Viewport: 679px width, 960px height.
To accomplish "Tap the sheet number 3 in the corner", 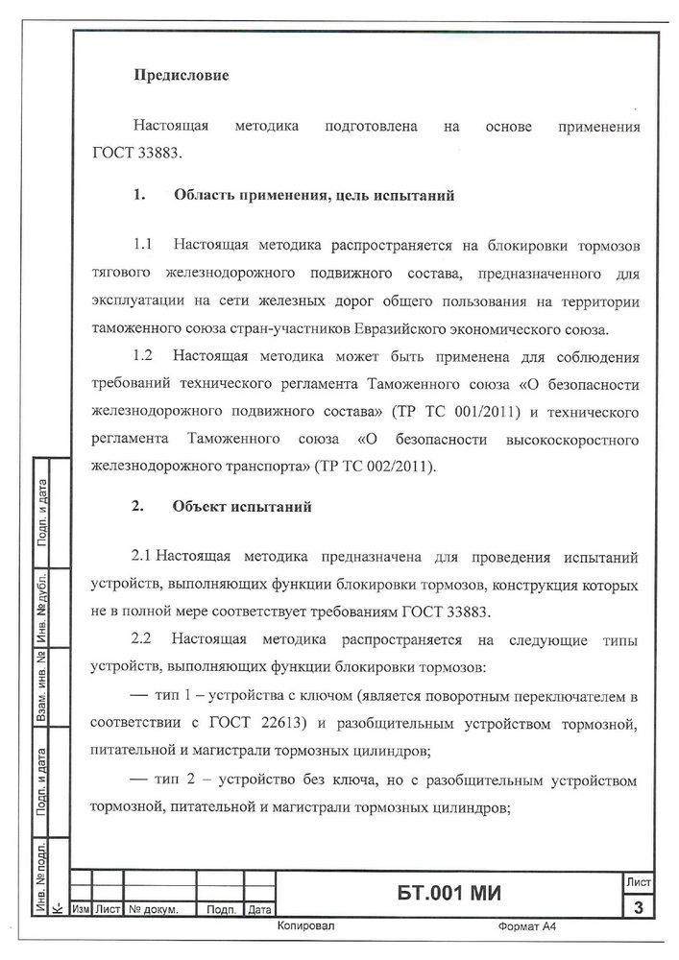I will (x=638, y=907).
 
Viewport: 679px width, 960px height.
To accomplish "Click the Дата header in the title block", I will (x=259, y=908).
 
